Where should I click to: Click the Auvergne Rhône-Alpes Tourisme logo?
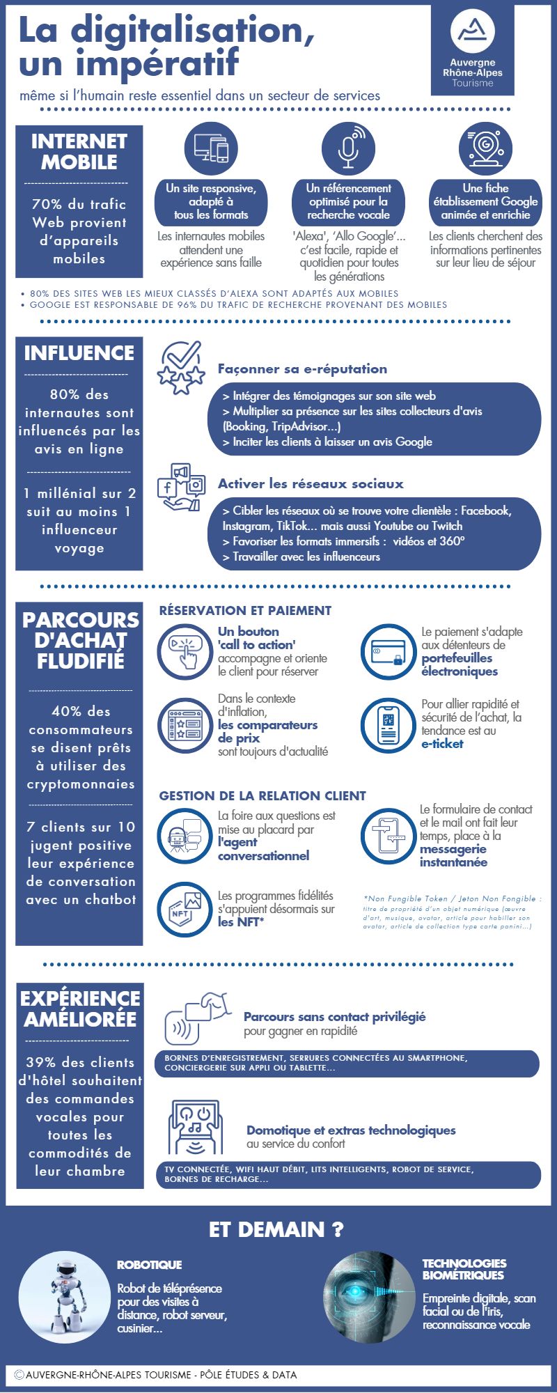point(473,50)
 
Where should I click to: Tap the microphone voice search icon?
point(348,148)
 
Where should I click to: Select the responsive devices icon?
point(211,148)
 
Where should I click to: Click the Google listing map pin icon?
point(485,148)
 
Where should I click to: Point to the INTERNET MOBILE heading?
point(79,152)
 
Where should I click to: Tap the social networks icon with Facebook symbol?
point(181,486)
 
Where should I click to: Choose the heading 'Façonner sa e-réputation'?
point(302,369)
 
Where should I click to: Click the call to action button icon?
point(184,652)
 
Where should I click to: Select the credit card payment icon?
point(388,652)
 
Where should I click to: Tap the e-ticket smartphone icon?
point(388,725)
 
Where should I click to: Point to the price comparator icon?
point(184,725)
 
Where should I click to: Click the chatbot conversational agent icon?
point(184,835)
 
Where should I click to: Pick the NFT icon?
point(184,909)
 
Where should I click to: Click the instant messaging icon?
point(388,835)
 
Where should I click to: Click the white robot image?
point(64,1298)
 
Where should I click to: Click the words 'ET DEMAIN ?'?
point(276,1229)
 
